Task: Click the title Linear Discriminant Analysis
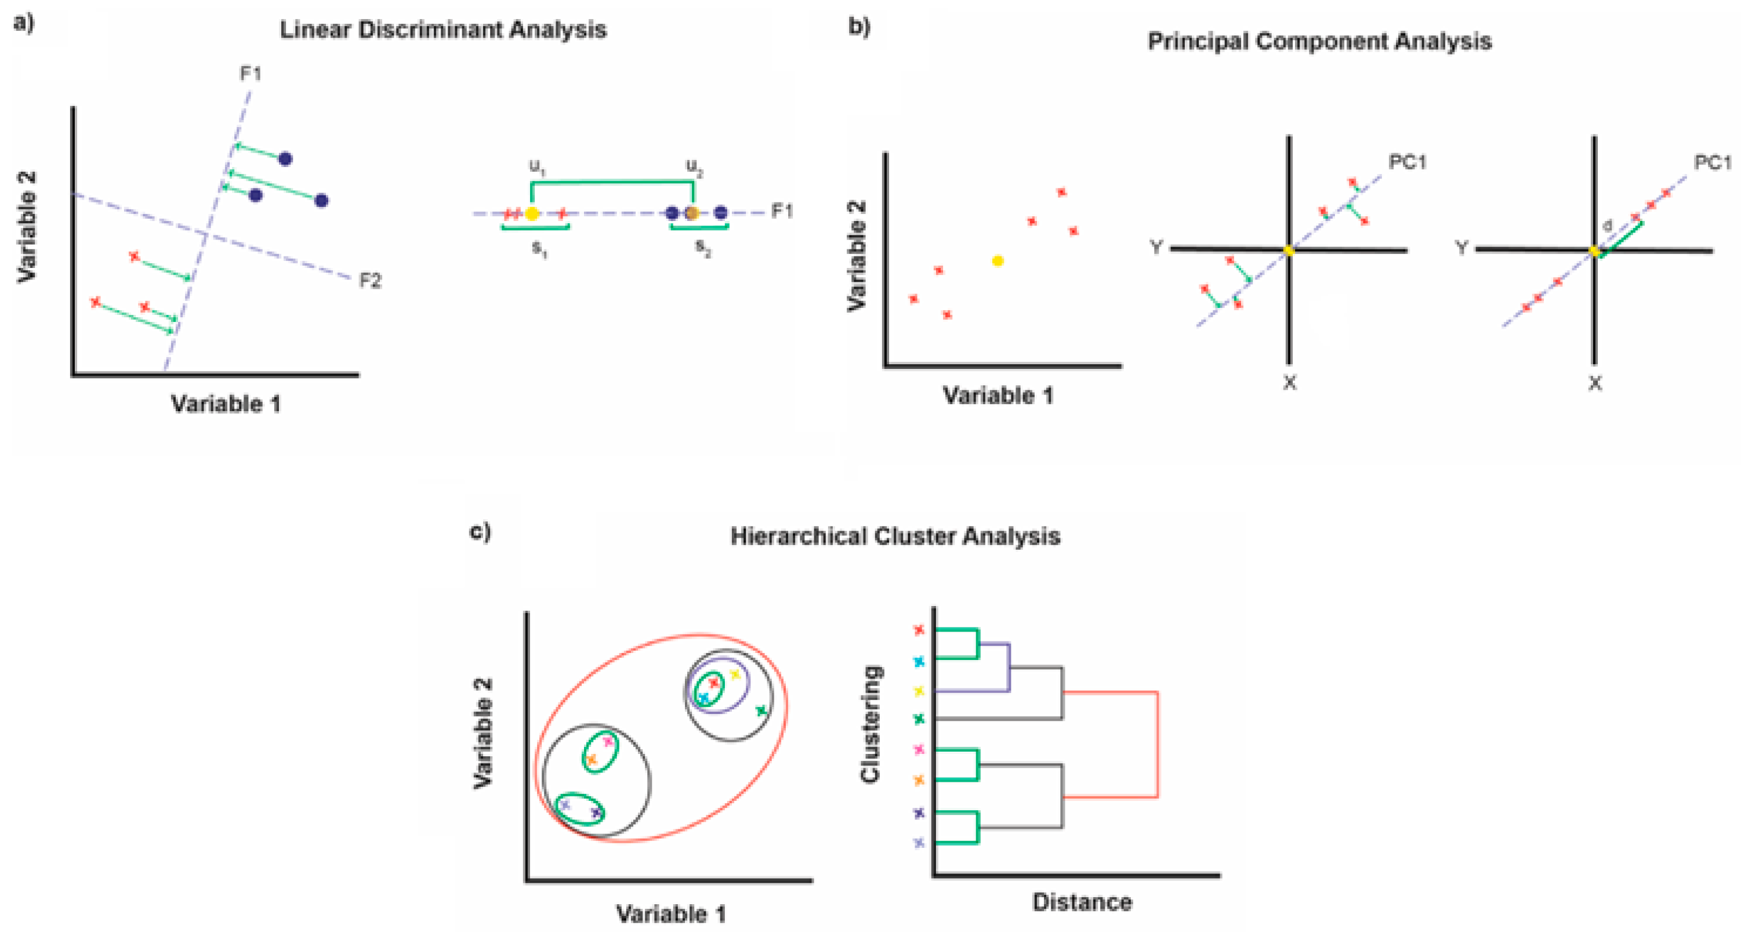[443, 30]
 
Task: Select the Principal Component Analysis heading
[1319, 42]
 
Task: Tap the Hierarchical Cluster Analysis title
[895, 536]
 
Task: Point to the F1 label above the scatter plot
[251, 73]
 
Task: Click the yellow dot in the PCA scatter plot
[998, 261]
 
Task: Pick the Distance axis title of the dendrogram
[1082, 902]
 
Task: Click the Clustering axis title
[870, 724]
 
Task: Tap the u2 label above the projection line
[694, 166]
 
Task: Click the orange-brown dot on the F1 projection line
[692, 213]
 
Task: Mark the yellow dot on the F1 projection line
[532, 213]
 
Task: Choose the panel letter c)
[480, 532]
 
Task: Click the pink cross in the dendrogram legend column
[919, 749]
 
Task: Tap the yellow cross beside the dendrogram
[919, 691]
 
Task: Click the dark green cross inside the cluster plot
[761, 710]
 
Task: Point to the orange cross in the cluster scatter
[592, 760]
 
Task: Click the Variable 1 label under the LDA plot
[226, 404]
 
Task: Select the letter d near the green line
[1607, 226]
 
